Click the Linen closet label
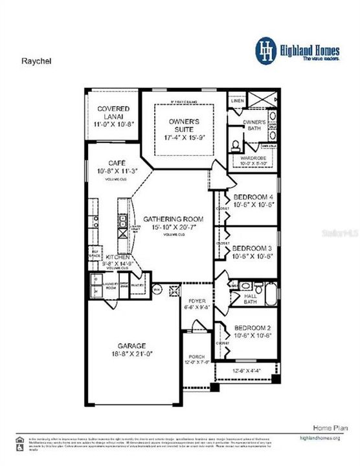[x=237, y=101]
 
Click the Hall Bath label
[x=251, y=298]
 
